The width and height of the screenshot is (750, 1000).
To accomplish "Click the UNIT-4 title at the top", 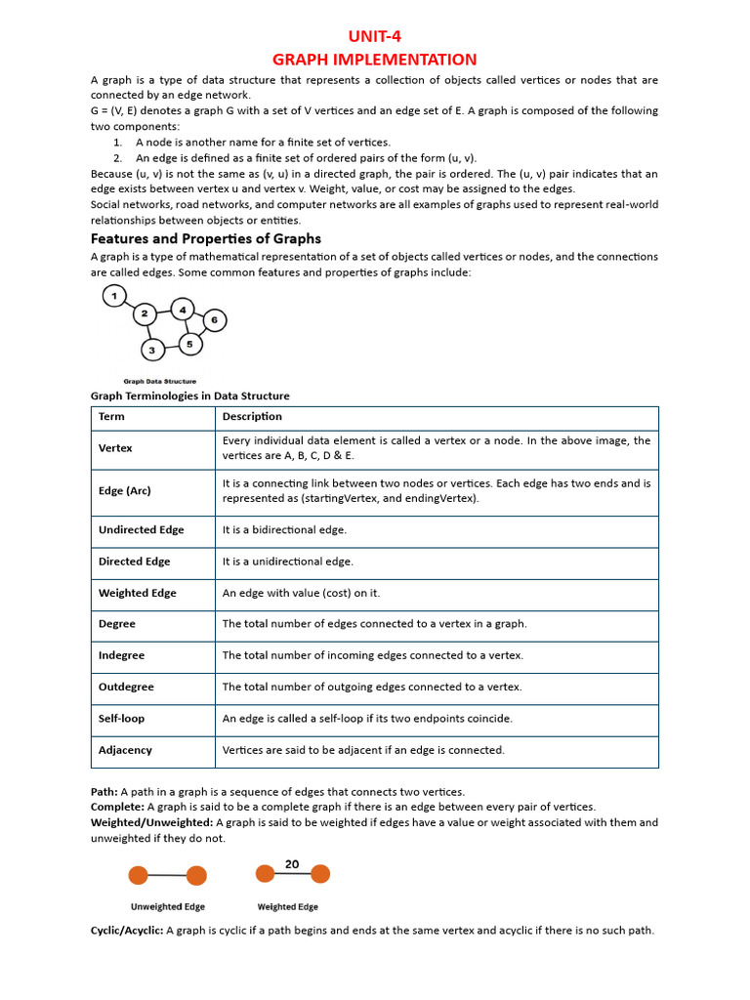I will point(375,37).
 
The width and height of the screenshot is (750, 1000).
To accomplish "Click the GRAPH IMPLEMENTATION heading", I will point(375,60).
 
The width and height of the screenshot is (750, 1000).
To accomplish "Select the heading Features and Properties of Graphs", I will point(205,238).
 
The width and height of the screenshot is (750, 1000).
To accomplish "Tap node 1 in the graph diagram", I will point(114,296).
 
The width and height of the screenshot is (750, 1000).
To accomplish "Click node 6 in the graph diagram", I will point(215,319).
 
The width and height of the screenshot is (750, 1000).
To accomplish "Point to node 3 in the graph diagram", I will point(151,349).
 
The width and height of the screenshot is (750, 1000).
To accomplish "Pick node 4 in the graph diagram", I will point(183,311).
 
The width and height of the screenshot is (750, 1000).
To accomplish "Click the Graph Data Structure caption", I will point(159,381).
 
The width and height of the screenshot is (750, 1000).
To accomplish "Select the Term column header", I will point(111,416).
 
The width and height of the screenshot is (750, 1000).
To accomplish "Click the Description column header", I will point(252,416).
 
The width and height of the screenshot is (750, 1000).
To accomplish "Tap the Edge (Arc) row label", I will point(124,490).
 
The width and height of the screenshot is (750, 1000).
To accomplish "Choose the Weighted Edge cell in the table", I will point(137,593).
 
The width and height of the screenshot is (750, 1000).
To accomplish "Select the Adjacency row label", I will point(125,750).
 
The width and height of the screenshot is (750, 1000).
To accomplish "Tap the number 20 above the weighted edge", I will point(292,864).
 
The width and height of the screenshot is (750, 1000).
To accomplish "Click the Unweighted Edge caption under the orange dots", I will point(168,906).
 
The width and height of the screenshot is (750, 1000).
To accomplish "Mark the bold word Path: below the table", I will point(104,791).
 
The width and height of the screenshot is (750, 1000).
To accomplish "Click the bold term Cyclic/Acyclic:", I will point(126,931).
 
